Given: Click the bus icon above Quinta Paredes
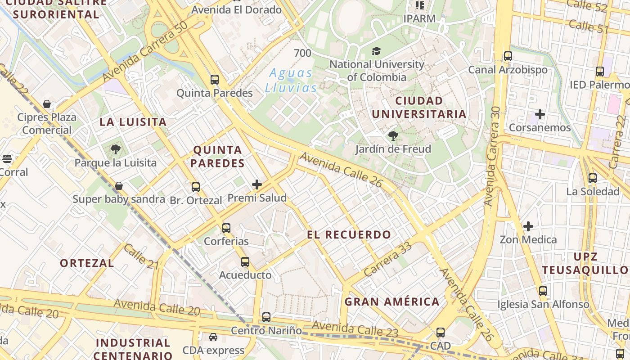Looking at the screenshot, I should tap(215, 80).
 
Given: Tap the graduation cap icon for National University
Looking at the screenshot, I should tap(376, 51).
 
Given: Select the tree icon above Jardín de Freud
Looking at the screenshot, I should tap(393, 135).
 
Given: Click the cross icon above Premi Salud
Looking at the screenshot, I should tap(257, 184).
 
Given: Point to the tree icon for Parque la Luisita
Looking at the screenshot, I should tap(116, 149).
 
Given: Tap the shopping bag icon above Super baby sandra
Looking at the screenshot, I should tap(119, 186).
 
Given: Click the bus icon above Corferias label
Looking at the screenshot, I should tap(226, 228).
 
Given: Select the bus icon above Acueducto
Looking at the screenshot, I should tap(245, 261).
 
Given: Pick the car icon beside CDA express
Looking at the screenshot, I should tap(213, 337).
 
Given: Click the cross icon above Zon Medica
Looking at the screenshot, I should tap(528, 226).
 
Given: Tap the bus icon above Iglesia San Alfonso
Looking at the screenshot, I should tap(543, 291).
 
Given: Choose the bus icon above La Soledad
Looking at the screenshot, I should tap(593, 178).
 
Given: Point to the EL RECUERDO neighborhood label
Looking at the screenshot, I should tap(349, 234).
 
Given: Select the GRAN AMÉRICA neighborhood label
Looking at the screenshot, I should tap(392, 301).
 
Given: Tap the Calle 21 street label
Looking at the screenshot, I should tap(141, 256).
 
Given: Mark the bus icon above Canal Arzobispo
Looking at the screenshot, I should tap(508, 56).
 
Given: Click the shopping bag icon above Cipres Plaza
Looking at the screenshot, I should tap(47, 104).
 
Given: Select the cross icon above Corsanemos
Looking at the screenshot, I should tap(540, 114).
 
